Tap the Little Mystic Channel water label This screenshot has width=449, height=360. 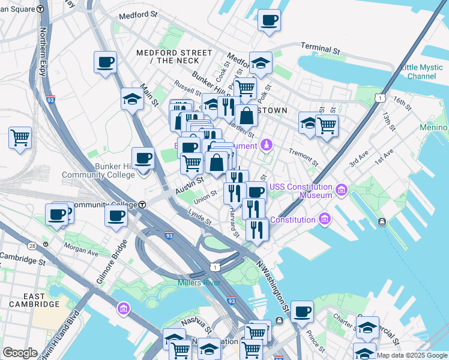pos(421,71)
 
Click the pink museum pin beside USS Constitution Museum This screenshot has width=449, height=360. pos(342,190)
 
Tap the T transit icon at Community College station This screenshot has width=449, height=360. pos(142,205)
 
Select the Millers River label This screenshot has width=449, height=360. pos(199,283)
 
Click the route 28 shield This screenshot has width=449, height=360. pos(31,246)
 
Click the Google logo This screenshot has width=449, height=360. pos(20,353)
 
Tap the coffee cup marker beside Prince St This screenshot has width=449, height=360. pos(302,312)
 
